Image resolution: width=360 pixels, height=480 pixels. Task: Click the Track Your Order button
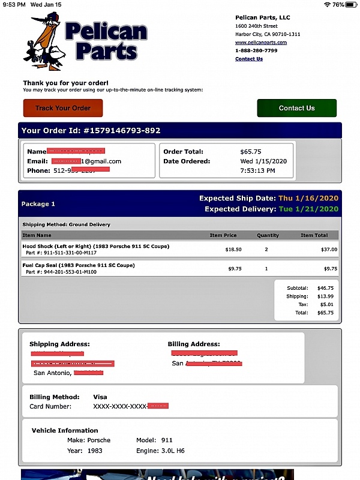pos(63,108)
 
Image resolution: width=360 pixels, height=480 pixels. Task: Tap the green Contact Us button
pos(296,108)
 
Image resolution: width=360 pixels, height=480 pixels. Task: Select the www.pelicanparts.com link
pos(260,43)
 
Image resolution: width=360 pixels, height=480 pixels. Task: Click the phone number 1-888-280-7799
pos(256,51)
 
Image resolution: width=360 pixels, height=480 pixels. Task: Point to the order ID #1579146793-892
pos(121,130)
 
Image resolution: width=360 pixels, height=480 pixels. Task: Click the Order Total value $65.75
pos(250,152)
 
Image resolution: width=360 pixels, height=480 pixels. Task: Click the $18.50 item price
pos(233,249)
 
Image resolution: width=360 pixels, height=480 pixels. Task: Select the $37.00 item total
pos(328,249)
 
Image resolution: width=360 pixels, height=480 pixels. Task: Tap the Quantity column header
pos(268,235)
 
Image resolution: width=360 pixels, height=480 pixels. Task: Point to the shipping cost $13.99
pos(325,296)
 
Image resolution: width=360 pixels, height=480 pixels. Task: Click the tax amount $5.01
pos(328,304)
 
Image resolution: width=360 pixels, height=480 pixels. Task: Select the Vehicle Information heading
pos(65,430)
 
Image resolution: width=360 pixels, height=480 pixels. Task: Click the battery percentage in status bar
pos(338,4)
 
